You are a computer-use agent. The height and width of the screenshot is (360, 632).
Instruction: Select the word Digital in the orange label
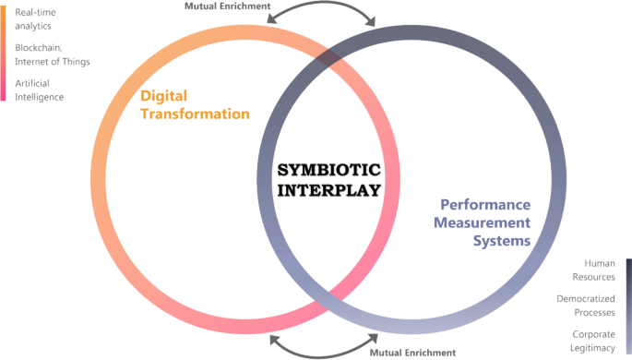pyautogui.click(x=167, y=95)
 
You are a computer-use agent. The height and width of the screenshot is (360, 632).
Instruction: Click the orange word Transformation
pyautogui.click(x=194, y=114)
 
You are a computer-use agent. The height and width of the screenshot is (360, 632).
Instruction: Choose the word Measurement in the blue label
pyautogui.click(x=484, y=222)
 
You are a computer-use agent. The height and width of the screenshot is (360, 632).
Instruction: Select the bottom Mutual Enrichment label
pyautogui.click(x=412, y=353)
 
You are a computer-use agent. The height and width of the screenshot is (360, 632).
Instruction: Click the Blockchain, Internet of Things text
pyautogui.click(x=52, y=54)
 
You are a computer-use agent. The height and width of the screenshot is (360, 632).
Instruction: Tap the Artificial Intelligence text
pyautogui.click(x=39, y=90)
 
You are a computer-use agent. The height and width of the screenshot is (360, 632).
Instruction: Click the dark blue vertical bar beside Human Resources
pyautogui.click(x=627, y=304)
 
